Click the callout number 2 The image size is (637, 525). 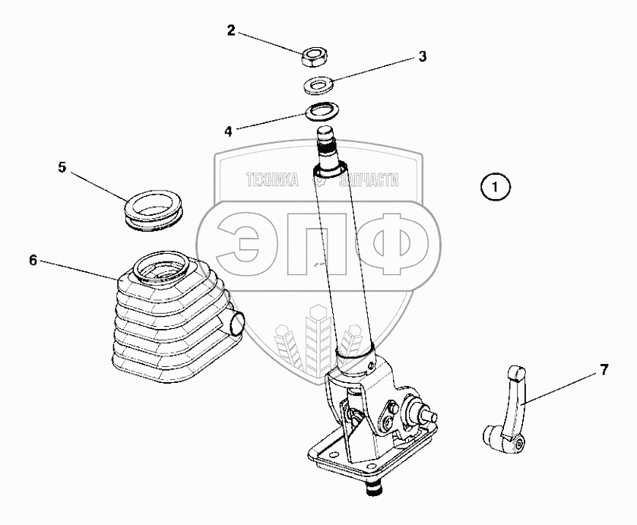pos(231,30)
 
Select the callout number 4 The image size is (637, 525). pos(228,131)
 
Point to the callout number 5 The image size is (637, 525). pos(62,167)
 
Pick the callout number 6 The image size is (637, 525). pos(33,260)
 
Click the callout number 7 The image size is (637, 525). pos(604,371)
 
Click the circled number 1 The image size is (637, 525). pos(495,186)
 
